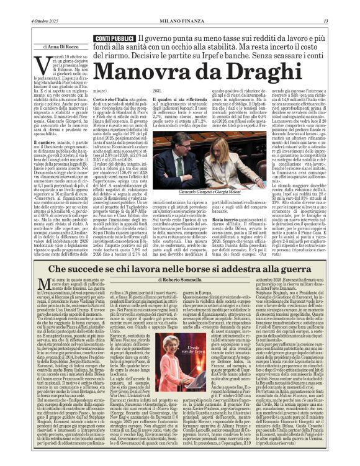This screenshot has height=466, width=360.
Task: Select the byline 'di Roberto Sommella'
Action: [181, 263]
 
